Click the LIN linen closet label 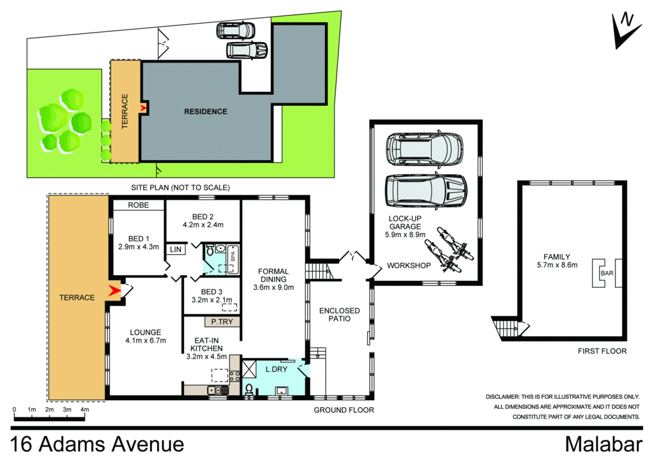point(174,250)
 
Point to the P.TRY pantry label point(222,322)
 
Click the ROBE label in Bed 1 point(138,205)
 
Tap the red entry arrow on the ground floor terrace point(115,291)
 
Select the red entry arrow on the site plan point(143,108)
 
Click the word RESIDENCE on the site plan point(206,112)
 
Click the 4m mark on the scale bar point(84,410)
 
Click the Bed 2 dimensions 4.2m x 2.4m point(202,225)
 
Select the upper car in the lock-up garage point(424,149)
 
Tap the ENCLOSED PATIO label point(339,315)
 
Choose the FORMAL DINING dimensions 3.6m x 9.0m point(273,288)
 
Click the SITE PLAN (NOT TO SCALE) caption point(180,187)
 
